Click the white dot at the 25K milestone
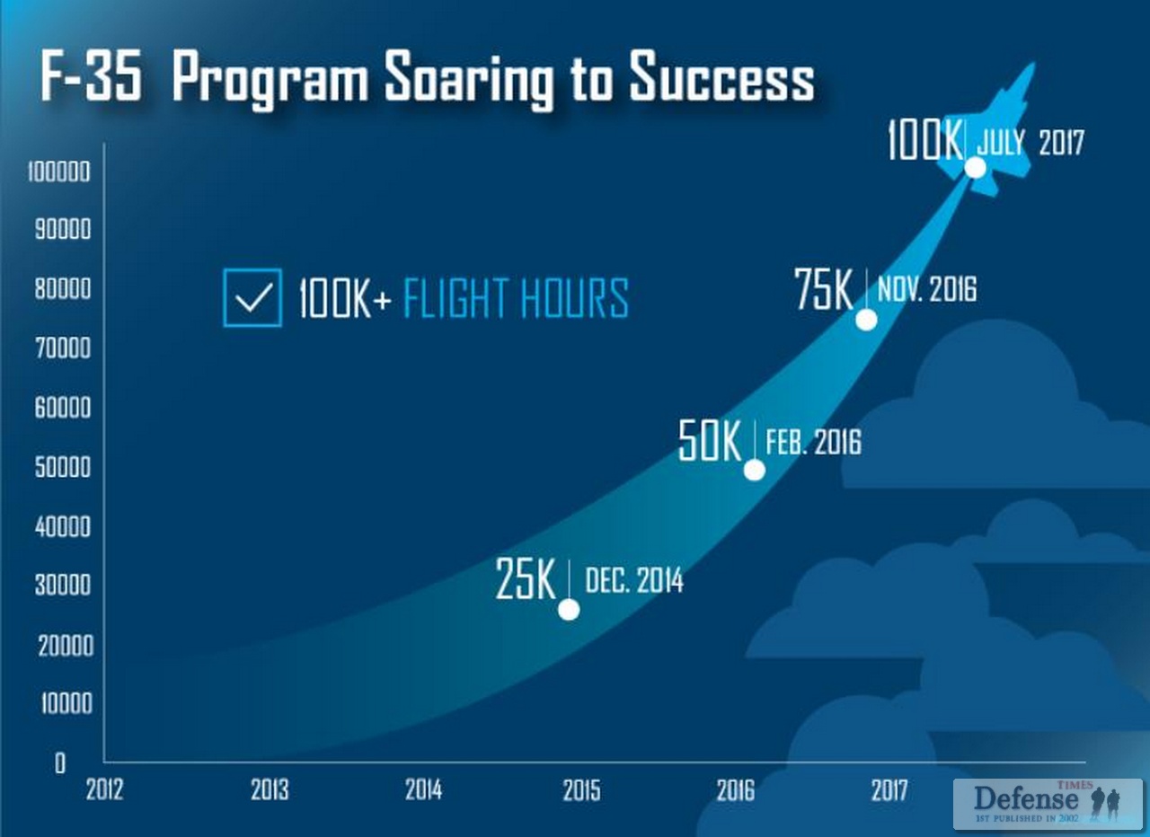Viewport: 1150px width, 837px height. pos(569,610)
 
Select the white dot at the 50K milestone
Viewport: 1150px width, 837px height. pos(754,470)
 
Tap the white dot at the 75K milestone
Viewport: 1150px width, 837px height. pos(867,321)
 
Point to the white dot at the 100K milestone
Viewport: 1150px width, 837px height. pos(976,167)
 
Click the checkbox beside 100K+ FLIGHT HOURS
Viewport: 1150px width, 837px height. pos(252,297)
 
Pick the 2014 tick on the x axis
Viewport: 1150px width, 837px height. pos(423,789)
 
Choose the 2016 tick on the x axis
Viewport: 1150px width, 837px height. pos(736,789)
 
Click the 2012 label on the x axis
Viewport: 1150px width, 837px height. pos(105,789)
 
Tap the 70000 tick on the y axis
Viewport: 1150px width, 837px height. pos(63,348)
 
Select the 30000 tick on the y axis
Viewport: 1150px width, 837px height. pos(63,585)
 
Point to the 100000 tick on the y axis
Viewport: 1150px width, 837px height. pos(59,172)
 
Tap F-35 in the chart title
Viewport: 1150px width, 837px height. pos(92,75)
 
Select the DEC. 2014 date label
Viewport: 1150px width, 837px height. pos(634,580)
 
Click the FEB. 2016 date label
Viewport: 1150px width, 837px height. pos(814,442)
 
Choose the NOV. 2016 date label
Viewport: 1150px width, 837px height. pos(927,289)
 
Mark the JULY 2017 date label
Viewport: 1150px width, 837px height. pos(1031,142)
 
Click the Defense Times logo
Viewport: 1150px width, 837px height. pos(1048,804)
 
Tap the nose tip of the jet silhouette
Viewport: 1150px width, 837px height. pos(1035,63)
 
